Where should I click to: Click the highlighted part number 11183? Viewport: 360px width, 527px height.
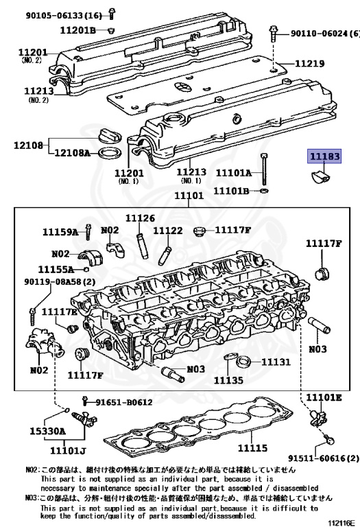pyautogui.click(x=324, y=156)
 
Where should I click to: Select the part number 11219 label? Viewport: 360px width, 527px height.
pyautogui.click(x=310, y=64)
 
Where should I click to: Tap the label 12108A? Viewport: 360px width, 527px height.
pyautogui.click(x=72, y=153)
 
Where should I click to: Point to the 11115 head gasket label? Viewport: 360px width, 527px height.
pyautogui.click(x=252, y=447)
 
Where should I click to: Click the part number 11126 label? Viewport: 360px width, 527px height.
pyautogui.click(x=141, y=218)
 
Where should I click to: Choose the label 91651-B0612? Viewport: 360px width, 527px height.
pyautogui.click(x=124, y=402)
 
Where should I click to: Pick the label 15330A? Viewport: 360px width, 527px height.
pyautogui.click(x=48, y=431)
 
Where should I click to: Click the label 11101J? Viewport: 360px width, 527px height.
pyautogui.click(x=68, y=450)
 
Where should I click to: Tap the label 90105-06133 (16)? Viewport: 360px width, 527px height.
pyautogui.click(x=64, y=16)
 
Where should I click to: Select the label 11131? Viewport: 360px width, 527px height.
pyautogui.click(x=276, y=362)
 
